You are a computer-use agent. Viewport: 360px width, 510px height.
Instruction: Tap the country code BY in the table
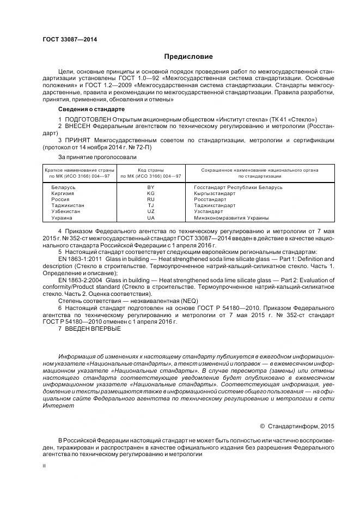(151, 187)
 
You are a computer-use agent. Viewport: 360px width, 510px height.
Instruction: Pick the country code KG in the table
(151, 193)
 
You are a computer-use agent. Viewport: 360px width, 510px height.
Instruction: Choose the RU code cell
(151, 199)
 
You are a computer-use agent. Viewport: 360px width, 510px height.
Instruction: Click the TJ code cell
(151, 205)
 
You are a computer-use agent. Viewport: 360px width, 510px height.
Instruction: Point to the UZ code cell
(151, 211)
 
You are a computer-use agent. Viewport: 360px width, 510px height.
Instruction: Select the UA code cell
(151, 218)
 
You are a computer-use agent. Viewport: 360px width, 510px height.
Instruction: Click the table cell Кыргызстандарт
(215, 193)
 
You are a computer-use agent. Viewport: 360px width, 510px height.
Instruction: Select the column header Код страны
(151, 170)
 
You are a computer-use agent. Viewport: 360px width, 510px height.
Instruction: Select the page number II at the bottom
(45, 466)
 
